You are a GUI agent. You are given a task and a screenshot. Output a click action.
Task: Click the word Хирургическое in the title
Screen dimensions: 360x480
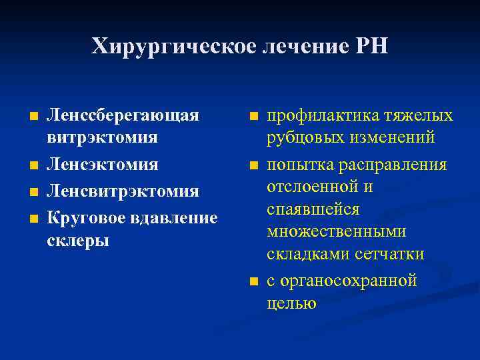tap(159, 47)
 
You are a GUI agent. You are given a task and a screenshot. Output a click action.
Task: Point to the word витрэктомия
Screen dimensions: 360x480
tap(101, 137)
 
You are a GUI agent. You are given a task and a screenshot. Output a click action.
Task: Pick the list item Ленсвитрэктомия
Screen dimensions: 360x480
tap(122, 191)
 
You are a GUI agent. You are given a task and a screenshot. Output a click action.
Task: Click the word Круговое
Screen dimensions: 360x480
tap(85, 218)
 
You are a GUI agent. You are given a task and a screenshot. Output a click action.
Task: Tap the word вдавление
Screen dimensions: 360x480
tap(173, 218)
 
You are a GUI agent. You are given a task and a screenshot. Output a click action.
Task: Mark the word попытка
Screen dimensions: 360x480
tap(297, 164)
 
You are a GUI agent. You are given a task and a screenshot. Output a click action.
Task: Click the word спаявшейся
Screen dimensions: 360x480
tap(313, 209)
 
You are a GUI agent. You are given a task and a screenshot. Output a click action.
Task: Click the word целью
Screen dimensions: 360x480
tap(291, 303)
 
